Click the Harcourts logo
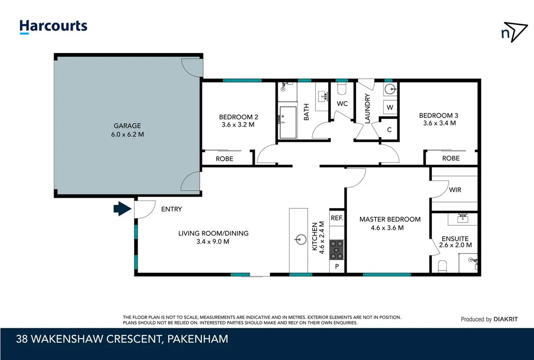pyautogui.click(x=53, y=27)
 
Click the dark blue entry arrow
pyautogui.click(x=122, y=209)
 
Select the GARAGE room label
pyautogui.click(x=127, y=126)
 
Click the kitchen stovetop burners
pyautogui.click(x=336, y=250)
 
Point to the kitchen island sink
pyautogui.click(x=301, y=240)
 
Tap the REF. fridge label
pyautogui.click(x=337, y=218)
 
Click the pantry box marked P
pyautogui.click(x=337, y=266)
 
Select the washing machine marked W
pyautogui.click(x=390, y=107)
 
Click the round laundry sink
pyautogui.click(x=390, y=89)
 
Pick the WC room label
pyautogui.click(x=342, y=104)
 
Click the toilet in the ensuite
pyautogui.click(x=442, y=266)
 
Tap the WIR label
pyautogui.click(x=455, y=190)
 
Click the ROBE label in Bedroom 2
pyautogui.click(x=224, y=159)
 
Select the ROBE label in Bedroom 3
pyautogui.click(x=451, y=158)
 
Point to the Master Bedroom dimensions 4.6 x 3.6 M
pyautogui.click(x=387, y=228)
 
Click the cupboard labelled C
pyautogui.click(x=389, y=130)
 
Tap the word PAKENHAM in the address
pyautogui.click(x=198, y=339)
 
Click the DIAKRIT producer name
pyautogui.click(x=505, y=319)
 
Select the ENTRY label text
pyautogui.click(x=171, y=209)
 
